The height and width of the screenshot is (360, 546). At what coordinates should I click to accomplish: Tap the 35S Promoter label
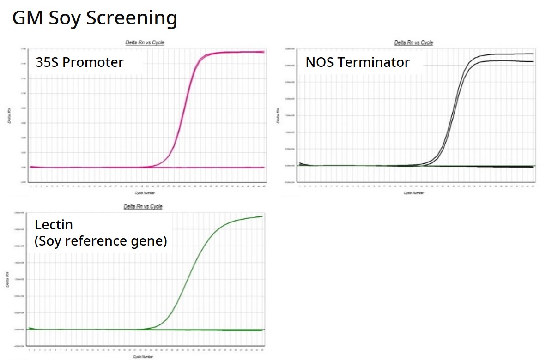pyautogui.click(x=80, y=62)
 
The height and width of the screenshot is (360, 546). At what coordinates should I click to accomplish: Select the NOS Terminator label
pyautogui.click(x=358, y=62)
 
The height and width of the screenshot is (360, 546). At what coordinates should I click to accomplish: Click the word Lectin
pyautogui.click(x=54, y=225)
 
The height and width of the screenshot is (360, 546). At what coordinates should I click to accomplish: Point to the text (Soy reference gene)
pyautogui.click(x=101, y=241)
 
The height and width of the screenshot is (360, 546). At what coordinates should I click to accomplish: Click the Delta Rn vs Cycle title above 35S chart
pyautogui.click(x=145, y=42)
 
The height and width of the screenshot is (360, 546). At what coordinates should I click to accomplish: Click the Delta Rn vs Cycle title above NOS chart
pyautogui.click(x=413, y=42)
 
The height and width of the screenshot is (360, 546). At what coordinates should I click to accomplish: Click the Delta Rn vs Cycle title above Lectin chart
pyautogui.click(x=143, y=206)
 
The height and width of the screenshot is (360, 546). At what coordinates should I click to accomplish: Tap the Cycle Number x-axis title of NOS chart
pyautogui.click(x=414, y=192)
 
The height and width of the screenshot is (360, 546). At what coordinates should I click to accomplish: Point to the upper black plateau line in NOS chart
pyautogui.click(x=508, y=54)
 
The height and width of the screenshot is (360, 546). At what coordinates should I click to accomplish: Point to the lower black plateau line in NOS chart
pyautogui.click(x=508, y=61)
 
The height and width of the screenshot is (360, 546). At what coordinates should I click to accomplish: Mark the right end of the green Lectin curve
pyautogui.click(x=261, y=216)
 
